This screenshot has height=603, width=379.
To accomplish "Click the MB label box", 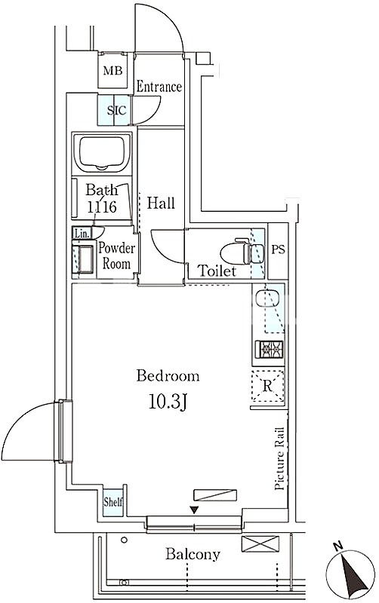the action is (112, 70).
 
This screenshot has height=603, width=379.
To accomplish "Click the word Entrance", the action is (159, 87).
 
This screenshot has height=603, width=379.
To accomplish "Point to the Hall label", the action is (161, 203).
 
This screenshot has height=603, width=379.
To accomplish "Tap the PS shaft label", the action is (278, 249).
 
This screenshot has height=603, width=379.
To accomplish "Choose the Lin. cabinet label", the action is (82, 234).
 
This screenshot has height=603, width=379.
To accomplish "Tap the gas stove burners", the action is (268, 350).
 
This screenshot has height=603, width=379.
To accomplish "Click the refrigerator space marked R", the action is (268, 385).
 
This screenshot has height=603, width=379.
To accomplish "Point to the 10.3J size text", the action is (168, 403).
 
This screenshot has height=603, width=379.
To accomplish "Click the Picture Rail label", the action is (279, 458).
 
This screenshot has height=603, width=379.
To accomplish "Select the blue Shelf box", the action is (112, 502).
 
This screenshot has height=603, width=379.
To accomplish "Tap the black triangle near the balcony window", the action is (195, 510).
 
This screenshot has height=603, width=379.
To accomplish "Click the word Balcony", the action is (193, 554).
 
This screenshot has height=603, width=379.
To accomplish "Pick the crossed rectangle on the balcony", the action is (260, 544).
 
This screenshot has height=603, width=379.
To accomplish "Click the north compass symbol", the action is (350, 569).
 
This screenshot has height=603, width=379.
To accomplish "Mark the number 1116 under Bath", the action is (102, 207).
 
